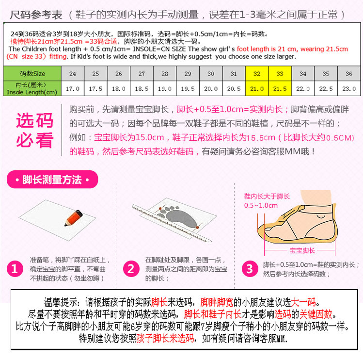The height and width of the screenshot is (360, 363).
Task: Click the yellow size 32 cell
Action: click(x=257, y=74)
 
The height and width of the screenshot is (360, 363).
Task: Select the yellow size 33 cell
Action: click(x=280, y=74)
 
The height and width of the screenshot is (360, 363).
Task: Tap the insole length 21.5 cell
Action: click(x=280, y=89)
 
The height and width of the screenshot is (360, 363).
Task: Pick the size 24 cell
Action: click(x=73, y=74)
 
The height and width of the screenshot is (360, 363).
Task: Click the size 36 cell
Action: click(x=349, y=74)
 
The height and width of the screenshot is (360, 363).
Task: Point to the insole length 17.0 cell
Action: click(x=73, y=89)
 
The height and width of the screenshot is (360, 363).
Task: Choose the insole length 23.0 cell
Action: click(x=349, y=89)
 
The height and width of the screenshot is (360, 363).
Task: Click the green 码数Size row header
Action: click(x=32, y=74)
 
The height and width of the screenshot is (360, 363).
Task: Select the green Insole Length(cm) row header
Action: click(x=32, y=89)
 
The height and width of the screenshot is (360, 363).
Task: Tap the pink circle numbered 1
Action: click(x=16, y=269)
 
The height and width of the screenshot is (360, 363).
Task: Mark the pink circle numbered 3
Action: click(x=250, y=269)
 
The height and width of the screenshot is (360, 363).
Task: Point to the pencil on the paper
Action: click(x=71, y=217)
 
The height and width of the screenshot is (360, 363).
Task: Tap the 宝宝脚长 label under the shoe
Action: click(x=302, y=250)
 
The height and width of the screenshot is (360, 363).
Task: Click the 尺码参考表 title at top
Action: click(x=36, y=14)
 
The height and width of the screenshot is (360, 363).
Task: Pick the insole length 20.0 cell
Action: click(x=211, y=89)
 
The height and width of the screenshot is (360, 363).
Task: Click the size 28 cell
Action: click(x=165, y=74)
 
